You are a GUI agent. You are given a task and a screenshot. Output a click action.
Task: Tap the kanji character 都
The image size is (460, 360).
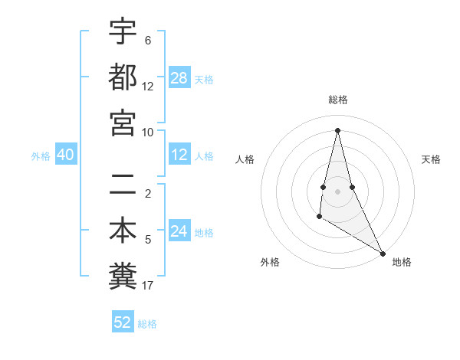pyautogui.click(x=123, y=77)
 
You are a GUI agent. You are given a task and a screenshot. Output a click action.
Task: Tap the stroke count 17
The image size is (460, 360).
pyautogui.click(x=148, y=286)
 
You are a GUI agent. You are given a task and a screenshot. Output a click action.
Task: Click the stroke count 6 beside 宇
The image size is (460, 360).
pyautogui.click(x=148, y=40)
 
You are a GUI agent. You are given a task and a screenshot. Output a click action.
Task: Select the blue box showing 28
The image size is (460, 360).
pyautogui.click(x=179, y=78)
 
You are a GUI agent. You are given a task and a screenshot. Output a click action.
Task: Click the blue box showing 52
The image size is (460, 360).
pyautogui.click(x=123, y=322)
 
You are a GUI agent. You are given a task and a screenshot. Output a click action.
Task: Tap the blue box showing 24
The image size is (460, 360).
pyautogui.click(x=179, y=232)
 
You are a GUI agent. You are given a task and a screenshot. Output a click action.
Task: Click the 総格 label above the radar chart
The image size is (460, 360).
pyautogui.click(x=338, y=100)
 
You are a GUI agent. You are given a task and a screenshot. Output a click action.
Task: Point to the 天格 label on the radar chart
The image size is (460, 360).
pyautogui.click(x=432, y=159)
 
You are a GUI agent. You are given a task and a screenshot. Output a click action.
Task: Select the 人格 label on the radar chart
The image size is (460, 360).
pyautogui.click(x=245, y=159)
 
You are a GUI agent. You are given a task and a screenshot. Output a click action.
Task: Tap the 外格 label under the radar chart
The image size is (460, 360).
pyautogui.click(x=270, y=262)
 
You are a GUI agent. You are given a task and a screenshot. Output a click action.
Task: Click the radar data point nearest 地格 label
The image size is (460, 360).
pyautogui.click(x=383, y=253)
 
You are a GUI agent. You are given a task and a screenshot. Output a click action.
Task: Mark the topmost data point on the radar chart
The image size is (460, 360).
pyautogui.click(x=337, y=129)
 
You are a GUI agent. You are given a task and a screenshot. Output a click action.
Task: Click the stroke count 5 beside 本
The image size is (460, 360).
pyautogui.click(x=148, y=240)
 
